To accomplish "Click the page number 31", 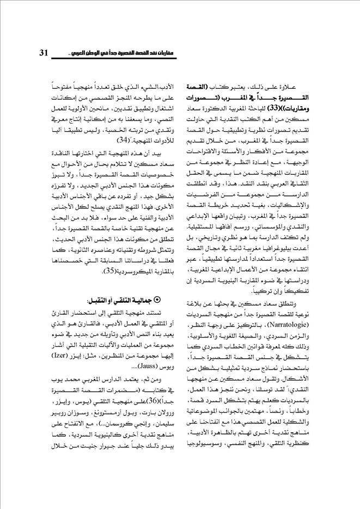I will tap(44, 53).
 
